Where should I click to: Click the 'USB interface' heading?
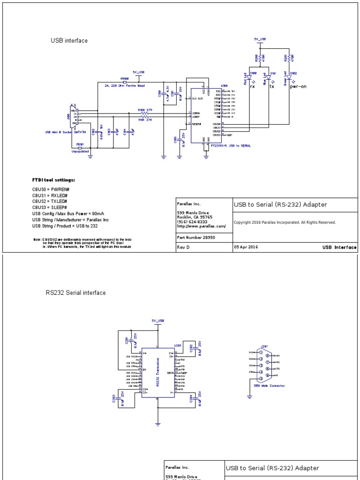(x=69, y=41)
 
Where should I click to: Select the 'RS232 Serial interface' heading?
(x=75, y=293)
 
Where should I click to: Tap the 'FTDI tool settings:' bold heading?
(x=53, y=180)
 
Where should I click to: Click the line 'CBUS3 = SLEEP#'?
(x=49, y=207)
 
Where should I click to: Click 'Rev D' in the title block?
(x=183, y=247)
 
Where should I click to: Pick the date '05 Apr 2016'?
(x=246, y=247)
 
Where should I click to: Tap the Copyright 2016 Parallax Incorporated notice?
(x=285, y=223)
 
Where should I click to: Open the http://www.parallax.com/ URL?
(x=202, y=226)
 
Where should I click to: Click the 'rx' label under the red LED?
(x=253, y=86)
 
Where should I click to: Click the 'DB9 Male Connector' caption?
(x=266, y=386)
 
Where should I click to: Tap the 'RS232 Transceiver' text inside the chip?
(x=157, y=372)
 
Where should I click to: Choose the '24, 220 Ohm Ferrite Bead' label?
(x=125, y=86)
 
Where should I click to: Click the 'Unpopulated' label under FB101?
(x=80, y=151)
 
